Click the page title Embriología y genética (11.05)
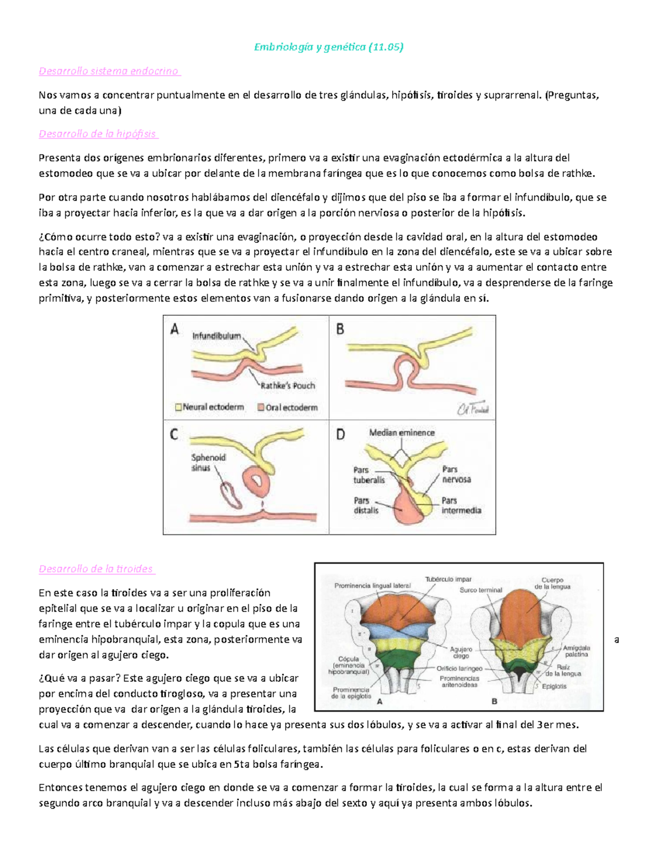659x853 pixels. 328,47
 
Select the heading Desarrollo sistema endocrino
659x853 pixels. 109,71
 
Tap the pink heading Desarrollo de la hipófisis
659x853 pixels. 98,134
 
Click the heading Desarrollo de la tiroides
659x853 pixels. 96,569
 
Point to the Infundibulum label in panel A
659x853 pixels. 216,336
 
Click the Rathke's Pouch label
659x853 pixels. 288,386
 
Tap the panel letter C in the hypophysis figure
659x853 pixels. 174,434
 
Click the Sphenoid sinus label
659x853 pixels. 208,462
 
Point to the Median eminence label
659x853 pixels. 401,433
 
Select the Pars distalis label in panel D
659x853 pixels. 366,505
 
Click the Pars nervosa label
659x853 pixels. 456,475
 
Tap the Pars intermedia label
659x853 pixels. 461,505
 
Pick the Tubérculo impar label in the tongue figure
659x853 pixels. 448,579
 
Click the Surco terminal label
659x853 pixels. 481,590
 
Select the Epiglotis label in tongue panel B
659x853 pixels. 554,686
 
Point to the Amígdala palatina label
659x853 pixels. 576,651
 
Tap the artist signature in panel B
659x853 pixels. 473,409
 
